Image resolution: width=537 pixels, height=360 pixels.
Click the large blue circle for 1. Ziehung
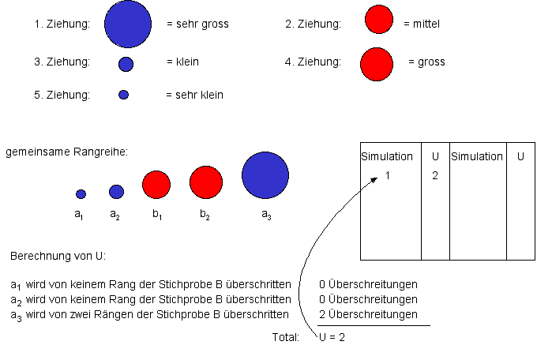click(x=127, y=24)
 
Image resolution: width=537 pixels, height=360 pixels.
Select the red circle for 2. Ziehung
click(x=379, y=21)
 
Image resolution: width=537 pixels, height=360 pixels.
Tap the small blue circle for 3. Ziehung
click(x=126, y=64)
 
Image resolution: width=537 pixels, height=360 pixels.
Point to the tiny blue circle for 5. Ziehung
click(x=123, y=95)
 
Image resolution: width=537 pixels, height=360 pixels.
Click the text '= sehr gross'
click(x=197, y=24)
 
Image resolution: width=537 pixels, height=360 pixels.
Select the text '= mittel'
click(x=421, y=24)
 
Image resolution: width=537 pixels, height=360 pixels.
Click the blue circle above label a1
click(x=81, y=193)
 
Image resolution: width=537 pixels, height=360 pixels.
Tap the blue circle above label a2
click(x=116, y=191)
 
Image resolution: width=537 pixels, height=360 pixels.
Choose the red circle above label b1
click(x=156, y=185)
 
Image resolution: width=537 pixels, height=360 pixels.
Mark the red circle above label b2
click(x=206, y=182)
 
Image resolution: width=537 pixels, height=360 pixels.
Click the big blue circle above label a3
click(x=265, y=175)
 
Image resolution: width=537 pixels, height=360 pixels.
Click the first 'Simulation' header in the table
click(x=387, y=156)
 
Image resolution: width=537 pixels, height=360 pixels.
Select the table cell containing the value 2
click(x=435, y=175)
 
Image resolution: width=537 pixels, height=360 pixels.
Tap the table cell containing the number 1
click(x=388, y=175)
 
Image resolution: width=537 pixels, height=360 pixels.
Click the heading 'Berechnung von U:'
click(x=58, y=257)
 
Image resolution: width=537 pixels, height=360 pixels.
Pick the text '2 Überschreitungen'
click(x=368, y=314)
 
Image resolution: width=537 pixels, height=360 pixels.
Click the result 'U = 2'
click(x=332, y=337)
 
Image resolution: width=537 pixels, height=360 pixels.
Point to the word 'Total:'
click(x=286, y=337)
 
